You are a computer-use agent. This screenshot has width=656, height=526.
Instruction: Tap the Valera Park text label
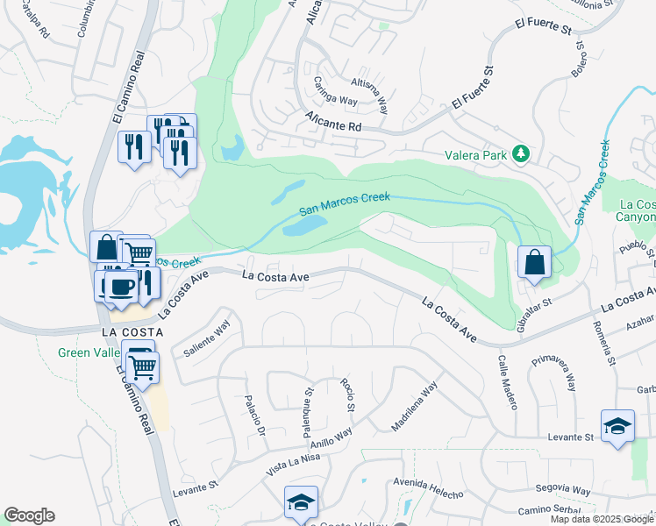tap(476, 155)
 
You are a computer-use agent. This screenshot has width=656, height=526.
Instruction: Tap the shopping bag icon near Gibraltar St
tap(533, 261)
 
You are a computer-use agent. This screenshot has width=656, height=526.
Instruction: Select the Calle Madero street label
tap(508, 382)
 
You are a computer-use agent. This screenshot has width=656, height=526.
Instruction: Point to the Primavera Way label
tap(558, 372)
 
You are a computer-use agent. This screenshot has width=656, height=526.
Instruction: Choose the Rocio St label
tap(347, 396)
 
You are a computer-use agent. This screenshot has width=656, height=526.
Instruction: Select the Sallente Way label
tap(207, 338)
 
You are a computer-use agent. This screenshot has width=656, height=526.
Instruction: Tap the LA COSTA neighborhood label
tap(132, 332)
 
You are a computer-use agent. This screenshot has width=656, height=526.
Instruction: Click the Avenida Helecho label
tap(428, 488)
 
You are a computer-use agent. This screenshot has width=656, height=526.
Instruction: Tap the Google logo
tap(29, 515)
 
